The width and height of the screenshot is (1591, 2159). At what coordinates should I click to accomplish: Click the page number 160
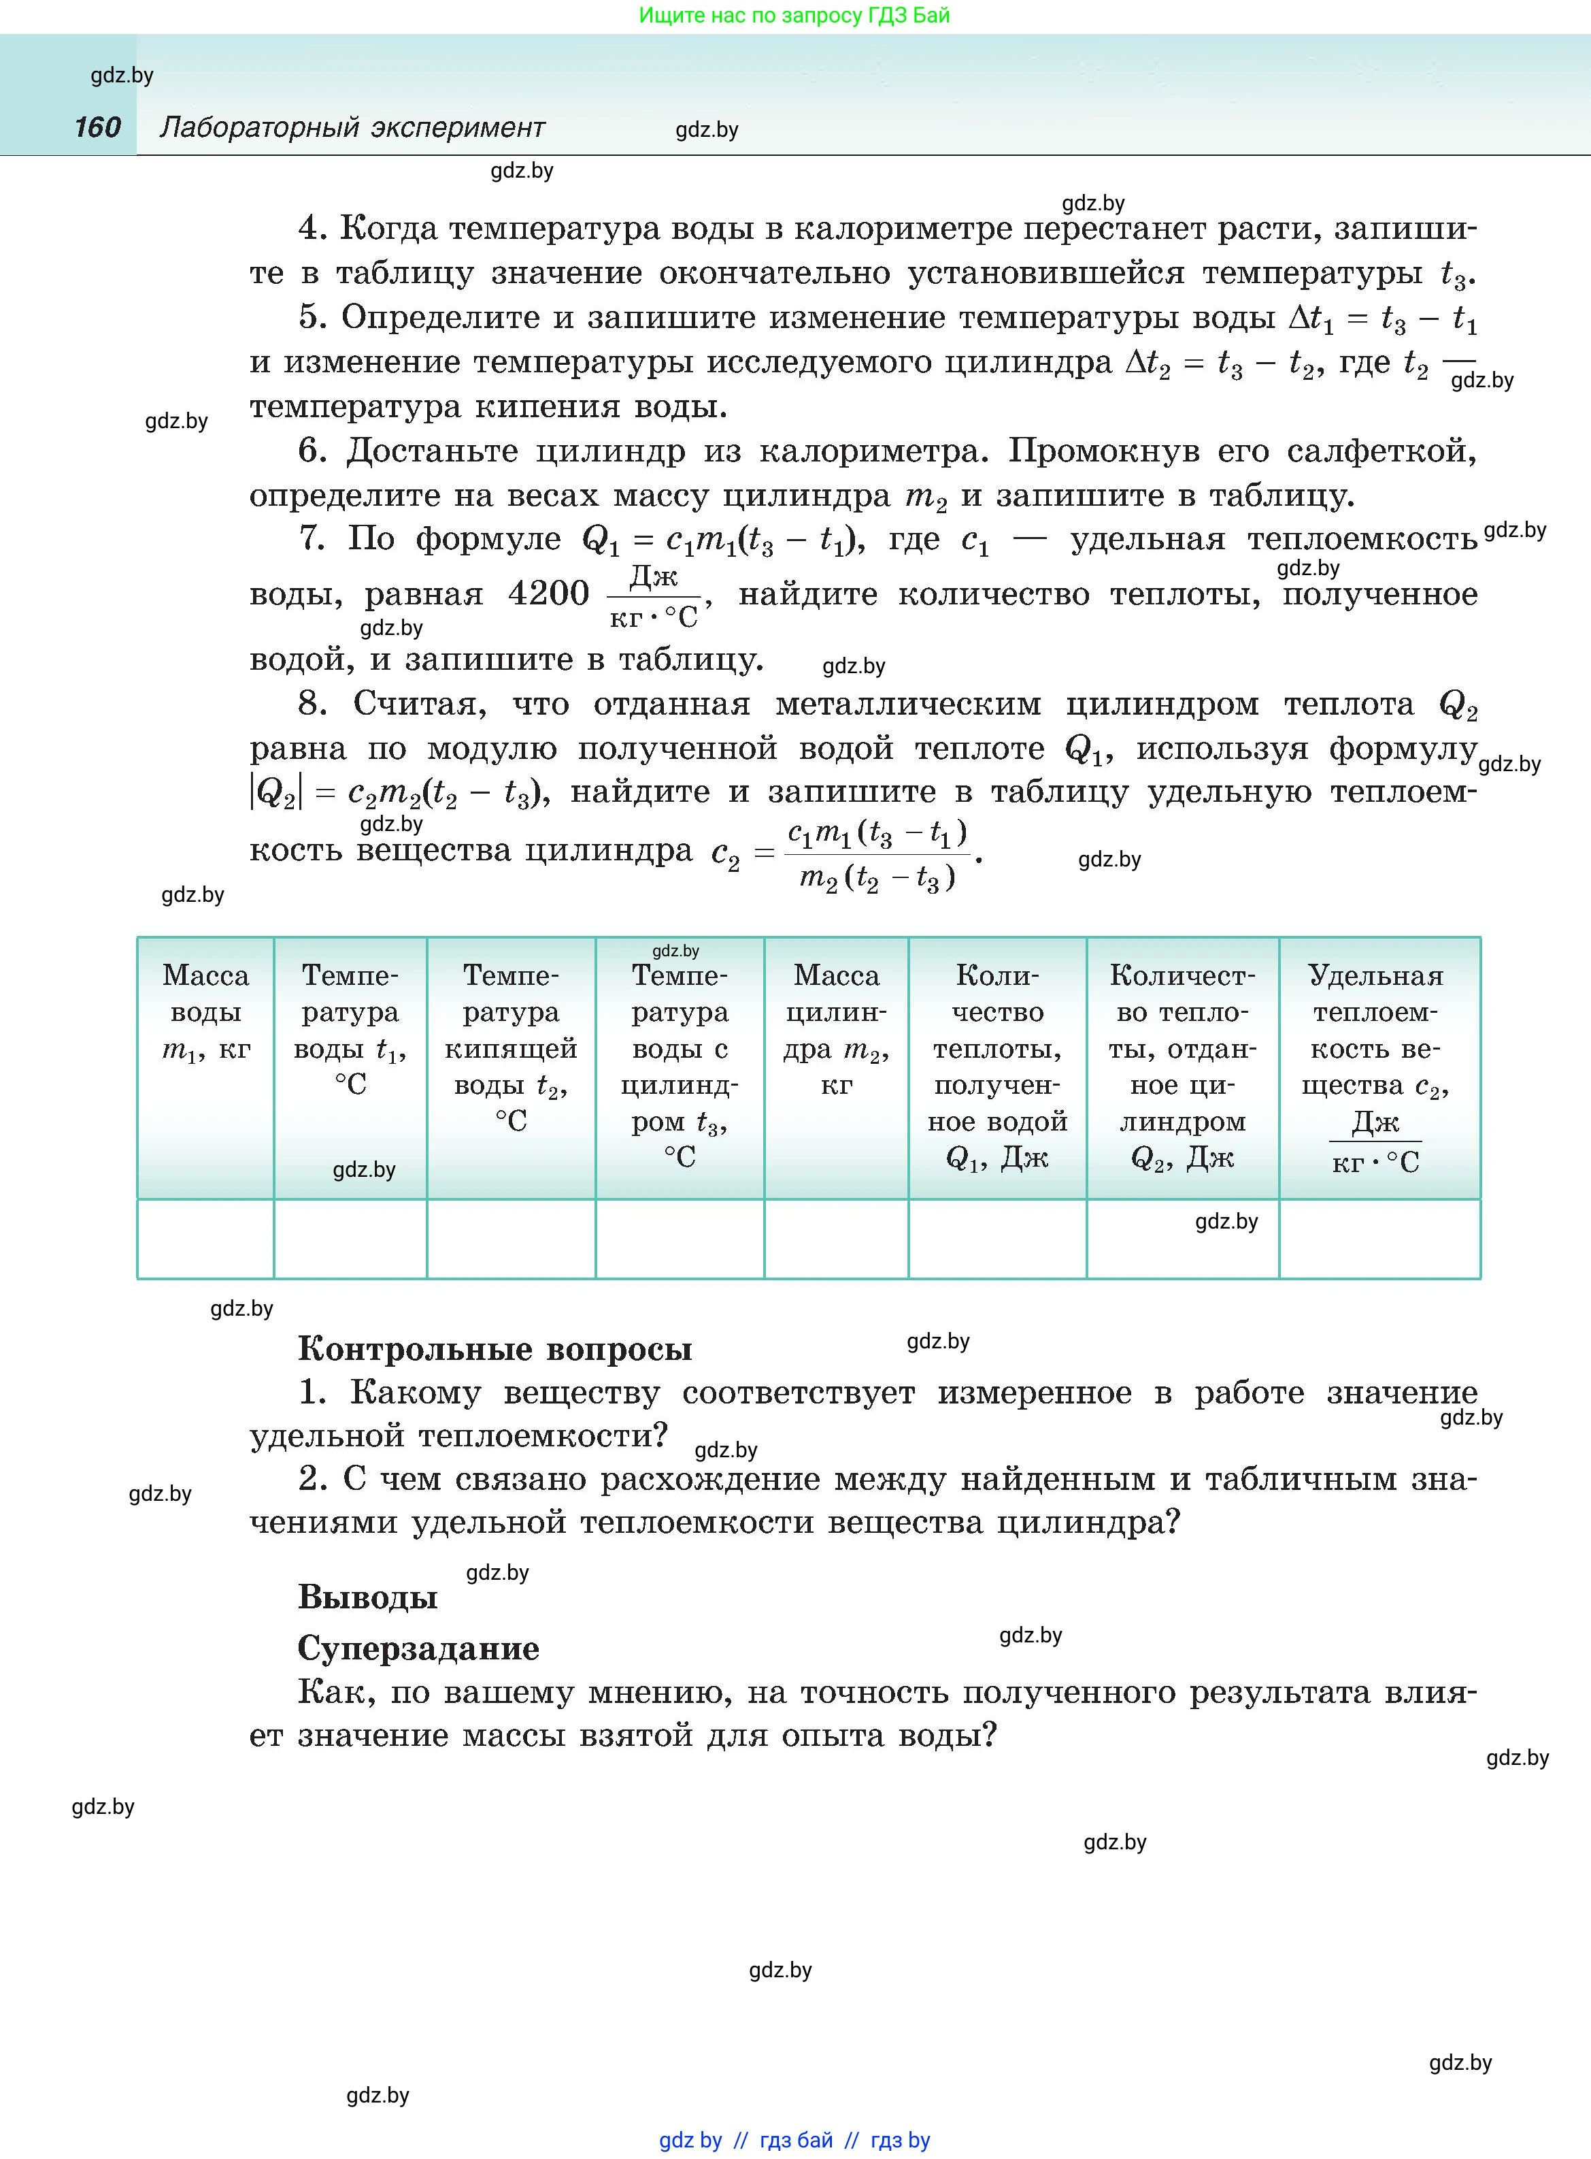pos(97,127)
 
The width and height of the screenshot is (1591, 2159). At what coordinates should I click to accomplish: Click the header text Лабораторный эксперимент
pos(352,127)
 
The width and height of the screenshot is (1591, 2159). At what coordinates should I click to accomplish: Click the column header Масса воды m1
pos(205,1011)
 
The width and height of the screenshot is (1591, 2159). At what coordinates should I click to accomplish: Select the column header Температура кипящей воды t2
pos(510,1048)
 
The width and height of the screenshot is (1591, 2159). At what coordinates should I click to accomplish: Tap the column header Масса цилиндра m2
pos(836,1029)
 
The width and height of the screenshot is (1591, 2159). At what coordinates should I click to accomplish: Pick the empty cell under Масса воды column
pos(205,1238)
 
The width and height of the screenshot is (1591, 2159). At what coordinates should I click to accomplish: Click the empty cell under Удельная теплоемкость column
pos(1379,1238)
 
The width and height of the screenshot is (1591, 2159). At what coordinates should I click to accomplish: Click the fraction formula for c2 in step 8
pos(876,854)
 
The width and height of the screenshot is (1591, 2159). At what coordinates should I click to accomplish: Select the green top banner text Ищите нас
pos(794,16)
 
